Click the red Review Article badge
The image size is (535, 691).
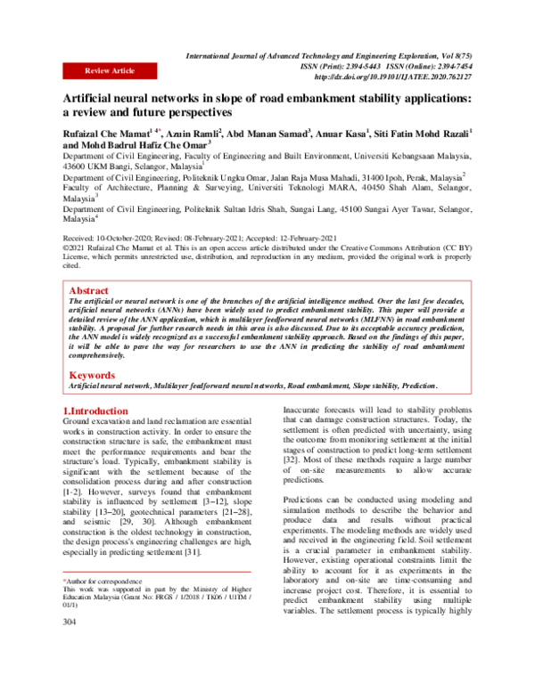109,69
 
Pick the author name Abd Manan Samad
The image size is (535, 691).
267,132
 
